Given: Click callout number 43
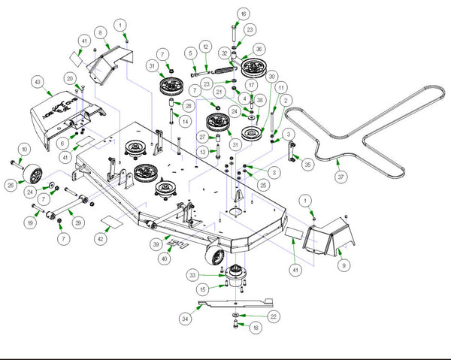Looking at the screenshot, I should click(36, 80).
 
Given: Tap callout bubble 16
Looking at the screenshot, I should click(243, 14).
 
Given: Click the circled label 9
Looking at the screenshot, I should click(344, 265).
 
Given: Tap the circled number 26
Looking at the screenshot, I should click(11, 183).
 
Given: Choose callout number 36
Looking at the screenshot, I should click(259, 50).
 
